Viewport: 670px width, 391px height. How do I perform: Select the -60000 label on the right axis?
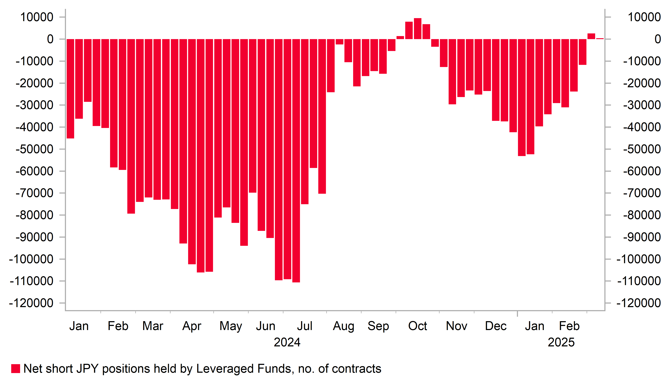[642, 171]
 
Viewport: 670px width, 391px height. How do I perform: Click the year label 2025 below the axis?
[561, 342]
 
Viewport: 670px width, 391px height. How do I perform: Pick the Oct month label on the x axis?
[418, 326]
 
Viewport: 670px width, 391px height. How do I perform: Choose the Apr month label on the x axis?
[192, 326]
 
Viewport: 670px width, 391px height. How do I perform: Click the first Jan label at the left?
[79, 326]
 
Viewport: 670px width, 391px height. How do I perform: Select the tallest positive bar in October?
[418, 29]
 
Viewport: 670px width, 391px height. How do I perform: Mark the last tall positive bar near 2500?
[591, 36]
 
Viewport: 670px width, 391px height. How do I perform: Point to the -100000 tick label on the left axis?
[31, 259]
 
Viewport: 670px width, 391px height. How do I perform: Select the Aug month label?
[344, 326]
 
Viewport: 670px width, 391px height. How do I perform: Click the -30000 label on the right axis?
[642, 105]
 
